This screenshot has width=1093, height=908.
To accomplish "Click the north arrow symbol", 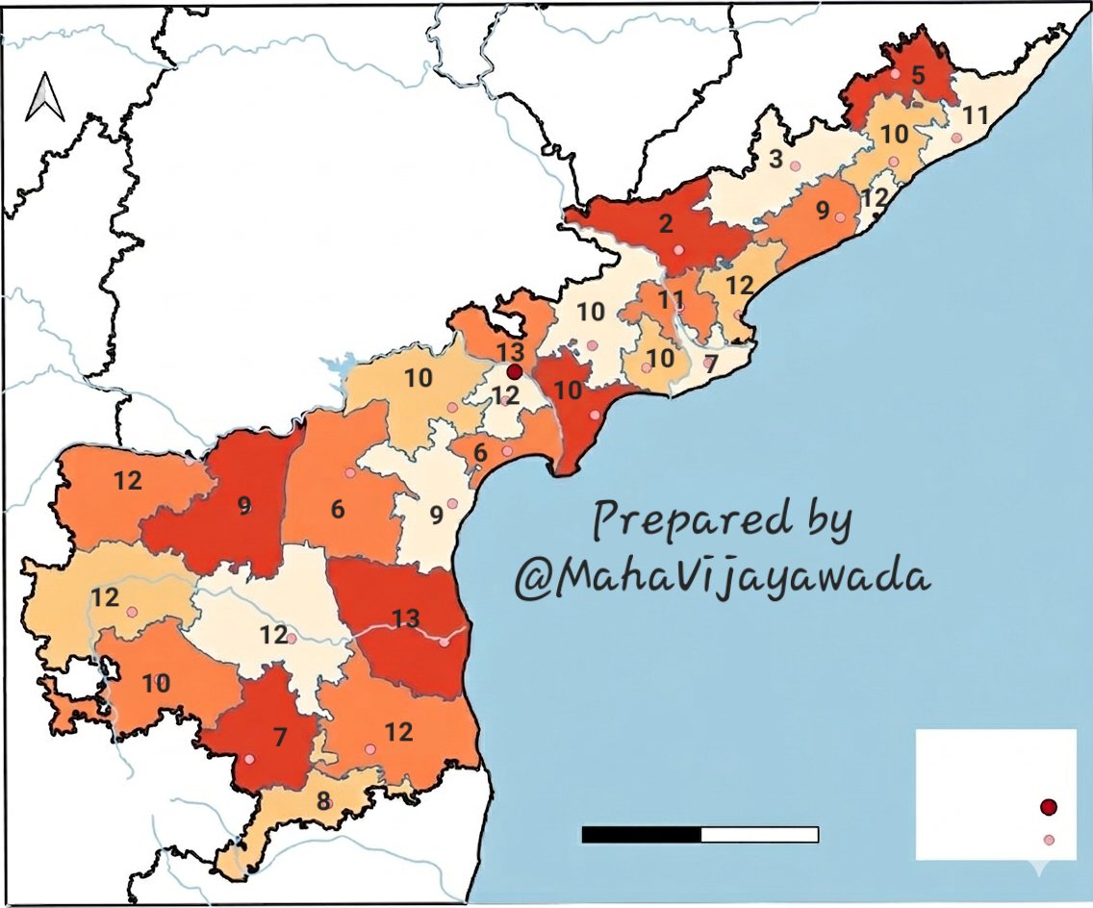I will coord(44,99).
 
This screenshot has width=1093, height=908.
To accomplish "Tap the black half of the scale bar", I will coord(641,834).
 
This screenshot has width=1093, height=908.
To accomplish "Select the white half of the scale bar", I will coord(759,834).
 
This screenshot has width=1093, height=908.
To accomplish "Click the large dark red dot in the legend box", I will coord(1049,806).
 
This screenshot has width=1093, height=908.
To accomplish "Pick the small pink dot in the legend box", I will coord(1049,840).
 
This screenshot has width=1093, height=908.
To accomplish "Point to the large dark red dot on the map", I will coord(514,371).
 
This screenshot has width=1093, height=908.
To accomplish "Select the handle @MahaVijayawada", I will coord(722,579).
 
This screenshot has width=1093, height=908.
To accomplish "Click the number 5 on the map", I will coord(918,74).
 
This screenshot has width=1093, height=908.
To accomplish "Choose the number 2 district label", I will coord(665,225).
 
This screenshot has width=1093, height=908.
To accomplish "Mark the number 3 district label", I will coord(775,158).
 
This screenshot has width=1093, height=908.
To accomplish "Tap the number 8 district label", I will coord(324,799).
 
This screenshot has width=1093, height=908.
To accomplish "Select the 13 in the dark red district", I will coord(405,618).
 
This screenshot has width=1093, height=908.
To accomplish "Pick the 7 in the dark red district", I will coord(280,738).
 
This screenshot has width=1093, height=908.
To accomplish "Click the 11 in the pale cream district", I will coord(975,116).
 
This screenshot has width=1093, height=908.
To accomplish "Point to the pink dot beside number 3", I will coord(795,166).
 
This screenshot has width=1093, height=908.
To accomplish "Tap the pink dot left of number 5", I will coord(895,73).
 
